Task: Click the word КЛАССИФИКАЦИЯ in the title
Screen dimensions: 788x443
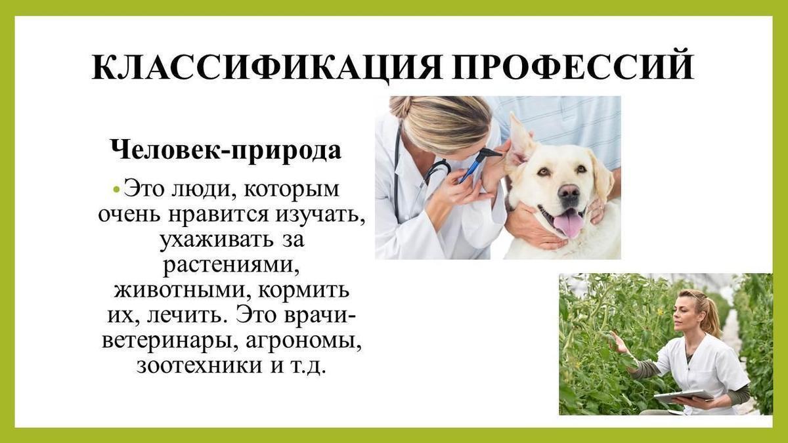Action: (267, 68)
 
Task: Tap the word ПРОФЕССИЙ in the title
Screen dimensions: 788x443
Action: (573, 66)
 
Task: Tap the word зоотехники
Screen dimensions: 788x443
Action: (200, 366)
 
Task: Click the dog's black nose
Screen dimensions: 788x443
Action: (569, 192)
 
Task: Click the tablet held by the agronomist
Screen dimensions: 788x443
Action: (684, 395)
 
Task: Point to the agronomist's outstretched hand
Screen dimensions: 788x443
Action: (619, 343)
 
